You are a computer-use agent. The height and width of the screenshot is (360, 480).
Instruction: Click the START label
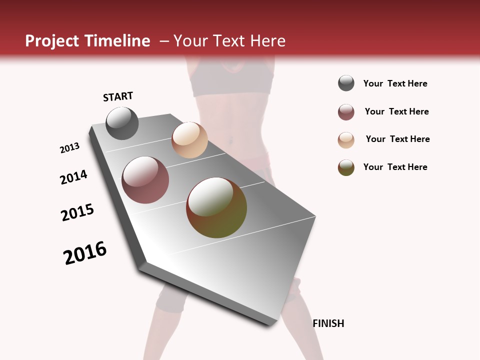click(118, 96)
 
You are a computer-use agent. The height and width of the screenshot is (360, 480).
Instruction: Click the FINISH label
click(328, 323)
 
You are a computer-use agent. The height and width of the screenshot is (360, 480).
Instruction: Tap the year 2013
click(69, 148)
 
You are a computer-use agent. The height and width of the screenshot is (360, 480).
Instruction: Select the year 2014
click(73, 177)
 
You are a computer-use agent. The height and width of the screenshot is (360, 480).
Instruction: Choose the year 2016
click(85, 253)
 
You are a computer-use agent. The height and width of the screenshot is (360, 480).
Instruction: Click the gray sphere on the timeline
click(122, 123)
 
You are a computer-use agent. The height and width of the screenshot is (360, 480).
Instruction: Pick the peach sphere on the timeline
click(189, 140)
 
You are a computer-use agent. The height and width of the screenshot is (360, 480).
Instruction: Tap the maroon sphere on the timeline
click(145, 180)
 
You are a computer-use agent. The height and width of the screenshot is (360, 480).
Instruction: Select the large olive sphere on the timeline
click(216, 207)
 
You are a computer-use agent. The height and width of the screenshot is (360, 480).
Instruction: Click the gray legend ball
click(346, 83)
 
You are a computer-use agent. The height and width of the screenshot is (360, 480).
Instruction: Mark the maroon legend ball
click(346, 112)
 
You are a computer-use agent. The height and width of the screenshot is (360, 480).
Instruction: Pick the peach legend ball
click(346, 140)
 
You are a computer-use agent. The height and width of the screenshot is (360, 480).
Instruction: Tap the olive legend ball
click(346, 167)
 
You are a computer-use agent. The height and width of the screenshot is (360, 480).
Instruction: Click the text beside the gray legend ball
click(395, 83)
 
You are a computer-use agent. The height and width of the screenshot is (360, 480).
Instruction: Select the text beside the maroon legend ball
click(396, 111)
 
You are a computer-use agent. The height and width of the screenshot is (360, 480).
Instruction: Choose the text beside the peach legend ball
click(397, 139)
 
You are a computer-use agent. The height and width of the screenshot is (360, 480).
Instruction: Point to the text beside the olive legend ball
click(395, 167)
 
